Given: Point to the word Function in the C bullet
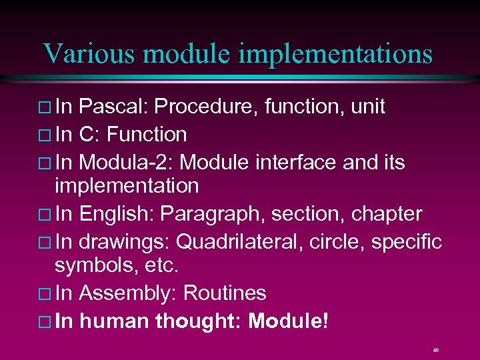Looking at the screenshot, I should pos(147,135).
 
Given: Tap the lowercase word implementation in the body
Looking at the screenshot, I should pos(126,186).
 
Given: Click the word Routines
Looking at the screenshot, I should pos(225,293).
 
